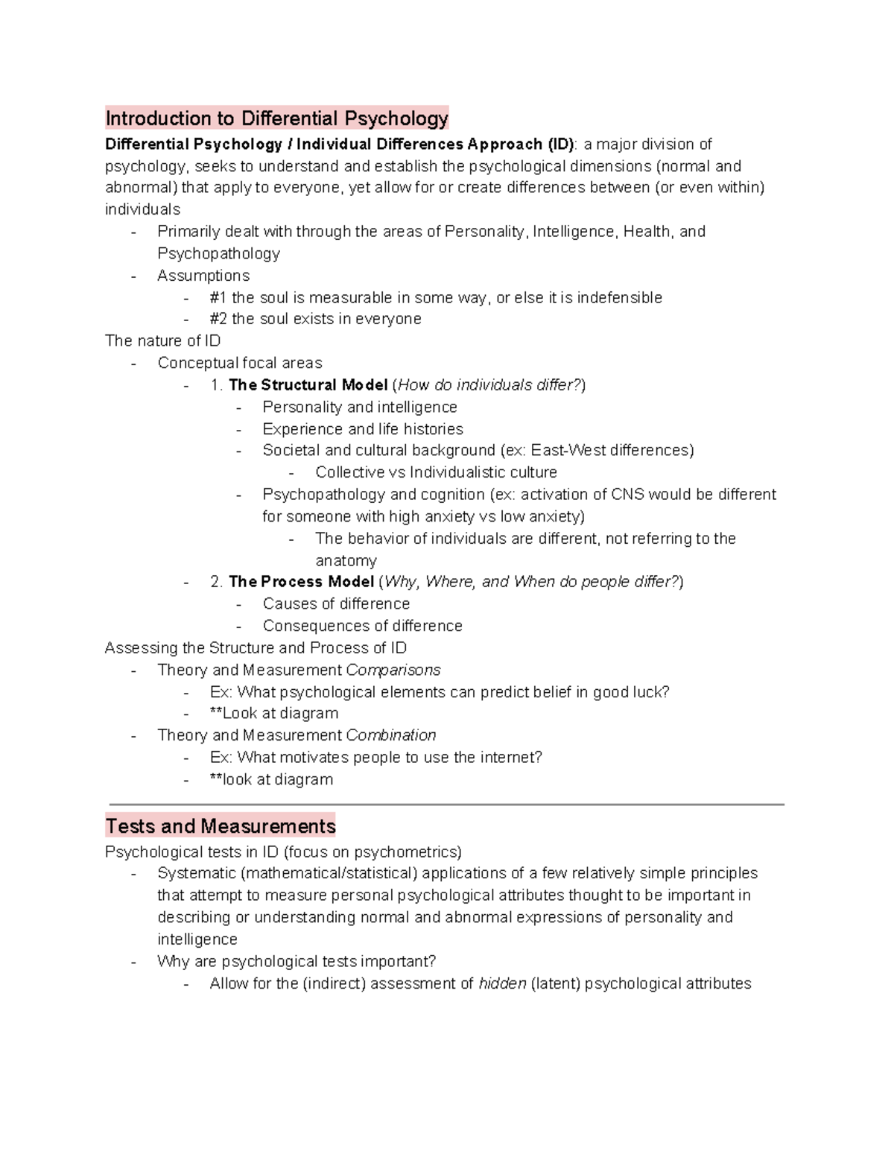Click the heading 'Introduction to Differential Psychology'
(276, 118)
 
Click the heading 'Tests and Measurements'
(221, 826)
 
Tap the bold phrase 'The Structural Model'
(308, 385)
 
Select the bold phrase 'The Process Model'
(301, 582)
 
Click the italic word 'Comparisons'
(393, 670)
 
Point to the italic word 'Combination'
(391, 735)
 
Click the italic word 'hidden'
(502, 983)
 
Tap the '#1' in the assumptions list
(218, 298)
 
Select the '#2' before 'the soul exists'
(218, 319)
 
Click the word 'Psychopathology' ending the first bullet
(218, 254)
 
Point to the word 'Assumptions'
(203, 276)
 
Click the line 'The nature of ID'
(162, 341)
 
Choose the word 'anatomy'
(346, 560)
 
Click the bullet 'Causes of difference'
(336, 603)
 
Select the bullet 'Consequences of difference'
(362, 626)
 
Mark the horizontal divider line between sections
(447, 805)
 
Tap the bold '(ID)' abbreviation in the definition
(560, 144)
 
